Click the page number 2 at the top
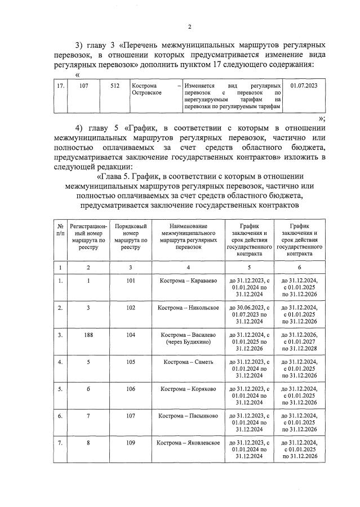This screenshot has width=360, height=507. coord(190,26)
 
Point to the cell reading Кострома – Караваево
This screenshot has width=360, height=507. coord(188,281)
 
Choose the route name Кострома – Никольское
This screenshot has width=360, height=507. coord(188,308)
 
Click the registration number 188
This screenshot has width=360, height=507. coord(88,335)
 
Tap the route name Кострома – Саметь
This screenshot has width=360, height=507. coord(188,362)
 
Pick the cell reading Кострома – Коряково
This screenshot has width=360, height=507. coord(188,389)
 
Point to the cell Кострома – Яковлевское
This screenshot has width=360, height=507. coord(188,443)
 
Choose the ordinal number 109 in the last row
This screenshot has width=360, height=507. coord(130,443)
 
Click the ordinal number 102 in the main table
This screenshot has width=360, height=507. coord(130,308)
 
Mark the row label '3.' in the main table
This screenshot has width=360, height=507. coord(60,335)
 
